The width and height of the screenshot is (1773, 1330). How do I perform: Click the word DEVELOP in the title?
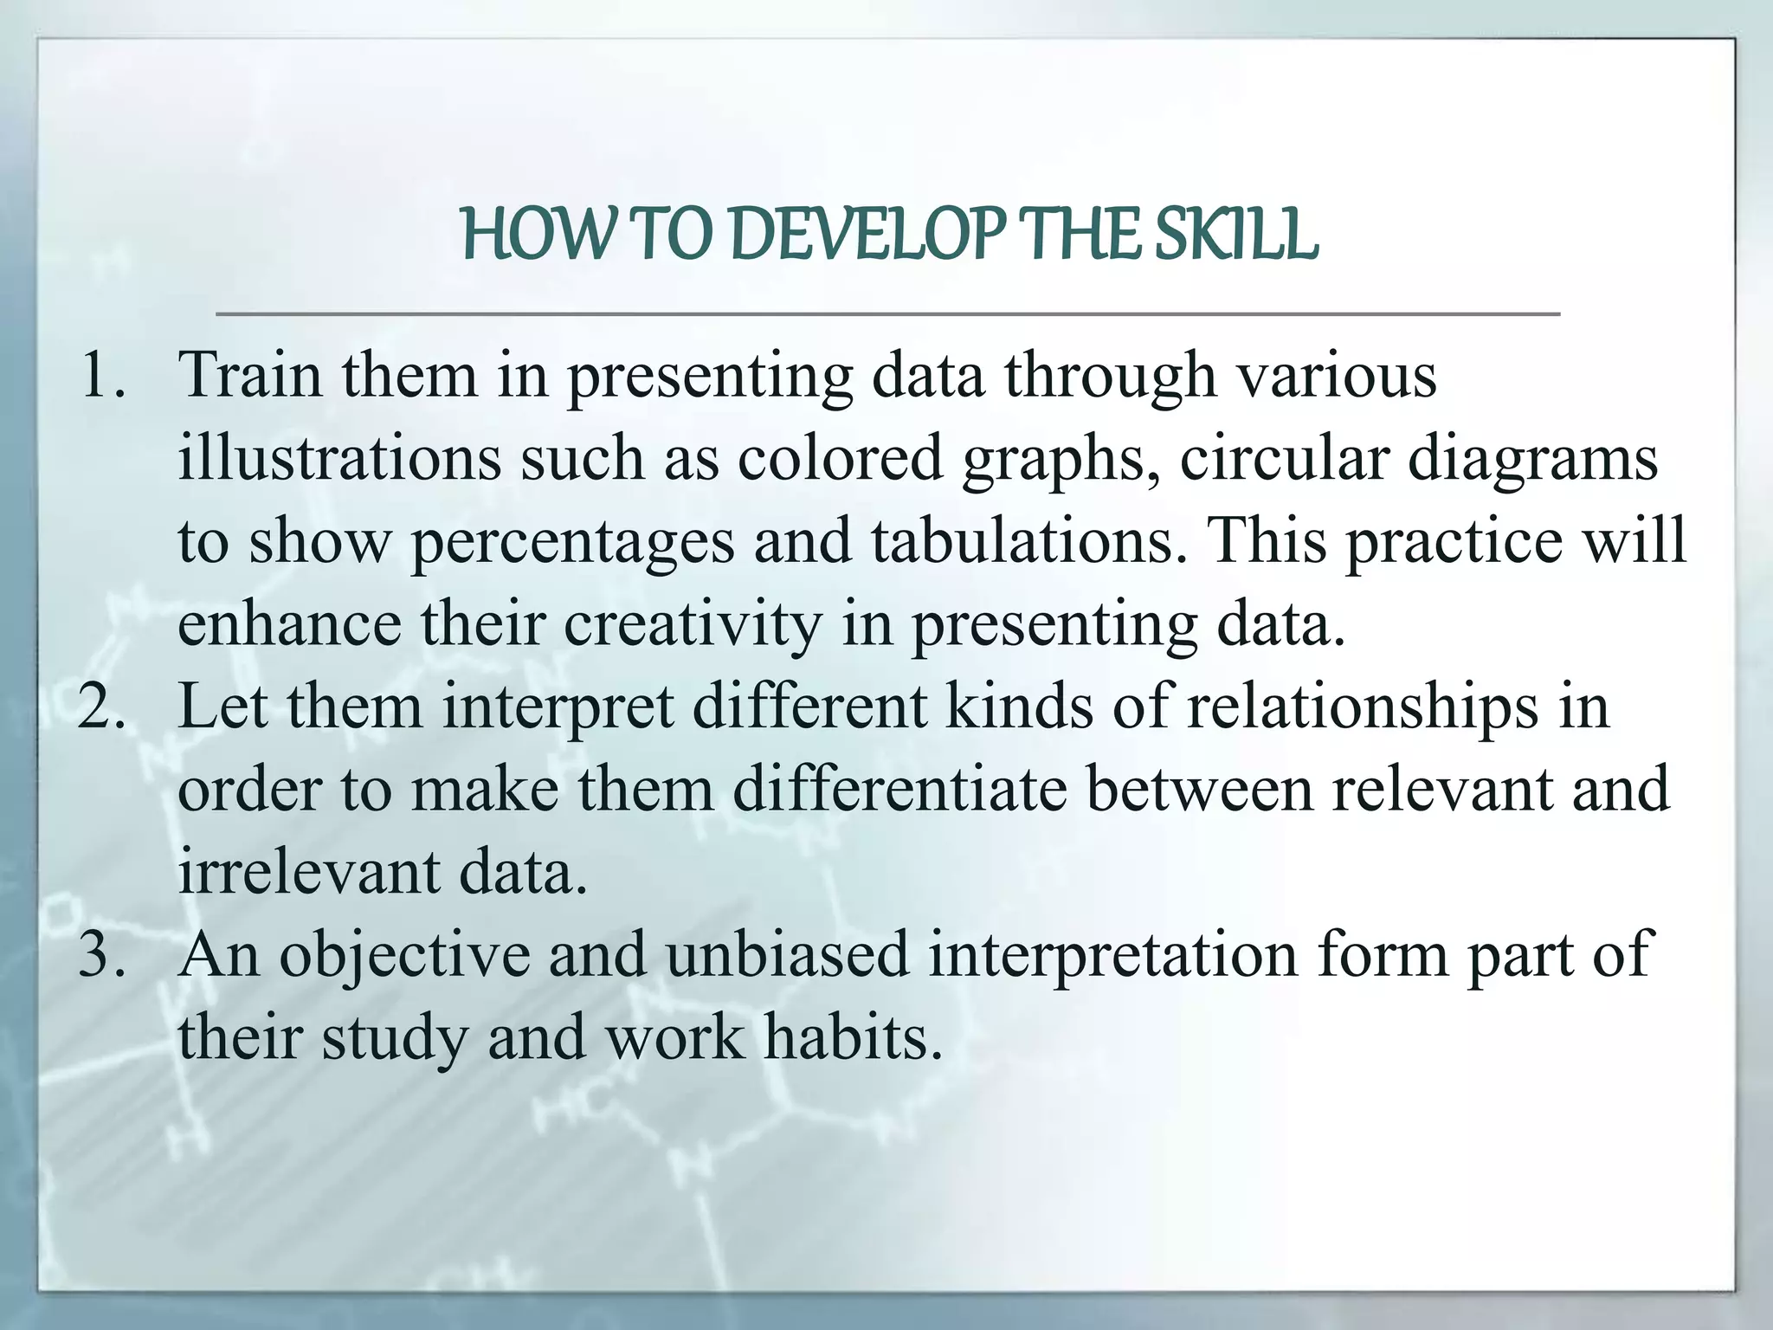tap(867, 236)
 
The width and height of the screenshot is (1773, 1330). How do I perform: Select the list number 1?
tap(102, 376)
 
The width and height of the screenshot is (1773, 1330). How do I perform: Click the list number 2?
tap(102, 707)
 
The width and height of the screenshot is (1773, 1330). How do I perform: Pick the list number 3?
tap(102, 954)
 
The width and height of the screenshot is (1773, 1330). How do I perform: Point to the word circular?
tap(1285, 458)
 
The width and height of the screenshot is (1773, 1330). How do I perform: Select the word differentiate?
tap(899, 789)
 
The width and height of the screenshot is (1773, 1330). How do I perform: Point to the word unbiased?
tap(788, 954)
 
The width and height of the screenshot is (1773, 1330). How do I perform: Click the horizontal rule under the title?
tap(887, 313)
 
